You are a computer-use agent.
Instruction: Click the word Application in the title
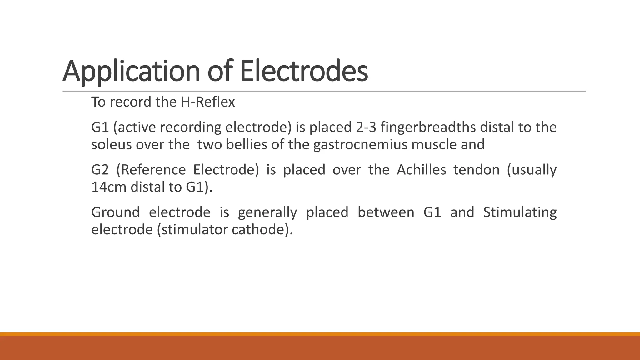click(131, 72)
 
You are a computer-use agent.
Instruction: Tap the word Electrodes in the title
click(304, 72)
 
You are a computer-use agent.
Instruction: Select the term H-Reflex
click(208, 102)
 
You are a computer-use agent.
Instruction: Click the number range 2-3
click(366, 127)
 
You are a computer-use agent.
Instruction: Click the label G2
click(100, 170)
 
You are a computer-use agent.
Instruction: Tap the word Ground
click(115, 212)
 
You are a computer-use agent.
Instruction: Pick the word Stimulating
click(520, 212)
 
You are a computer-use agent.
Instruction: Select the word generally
click(267, 212)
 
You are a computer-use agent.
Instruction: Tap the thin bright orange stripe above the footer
click(320, 334)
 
